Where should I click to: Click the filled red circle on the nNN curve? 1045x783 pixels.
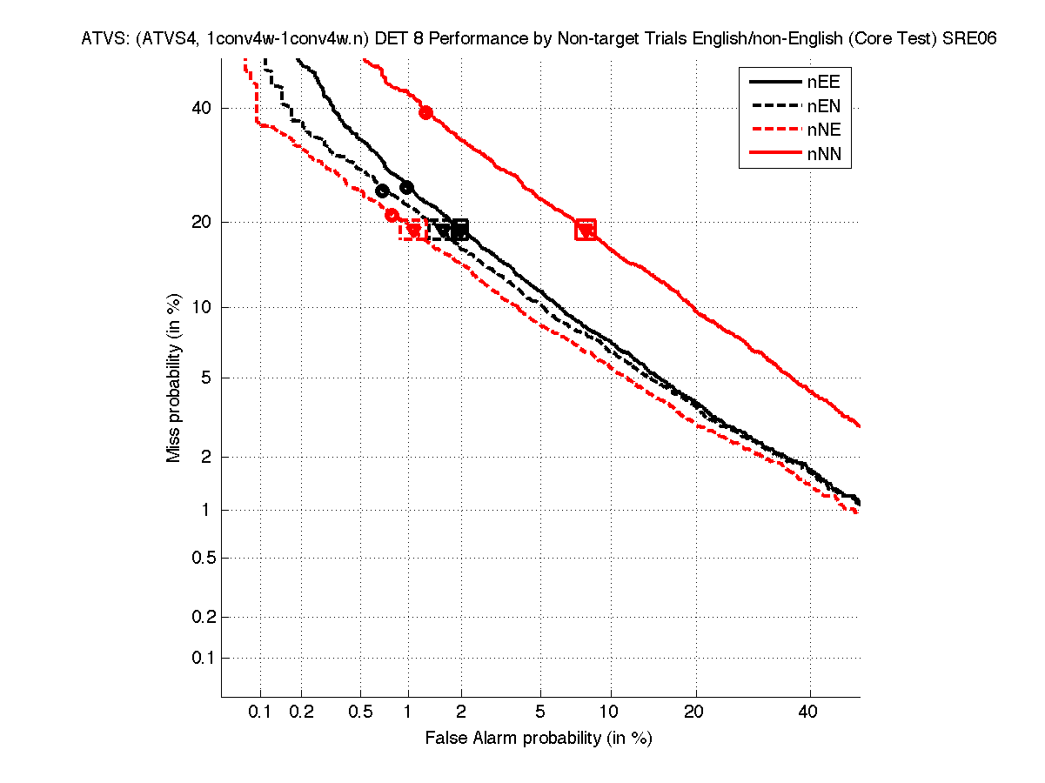[x=425, y=112]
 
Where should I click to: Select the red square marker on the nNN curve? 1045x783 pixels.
[x=586, y=230]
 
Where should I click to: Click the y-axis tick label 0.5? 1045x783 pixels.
[x=199, y=558]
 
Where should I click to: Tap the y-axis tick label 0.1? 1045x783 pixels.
[x=199, y=658]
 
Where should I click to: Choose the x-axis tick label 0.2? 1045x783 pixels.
[x=301, y=713]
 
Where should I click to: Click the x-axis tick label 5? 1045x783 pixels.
[x=540, y=713]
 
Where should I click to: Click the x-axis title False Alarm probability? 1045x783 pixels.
[x=538, y=739]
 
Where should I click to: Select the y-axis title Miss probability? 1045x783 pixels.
[x=175, y=377]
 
